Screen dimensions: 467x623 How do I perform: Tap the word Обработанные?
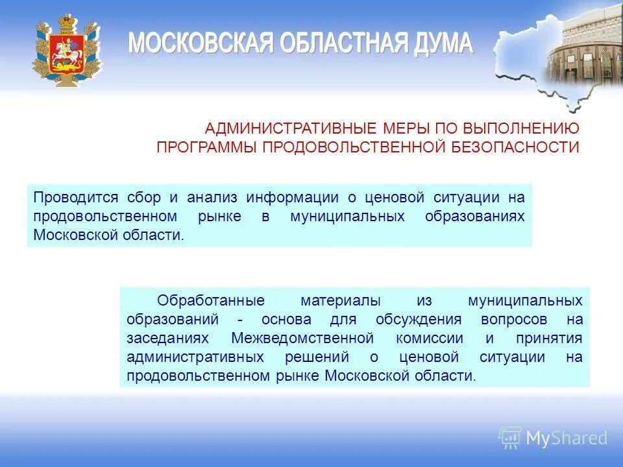(212, 301)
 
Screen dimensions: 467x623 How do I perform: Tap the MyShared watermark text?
(567, 438)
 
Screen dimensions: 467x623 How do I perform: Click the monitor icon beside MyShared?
(510, 438)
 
